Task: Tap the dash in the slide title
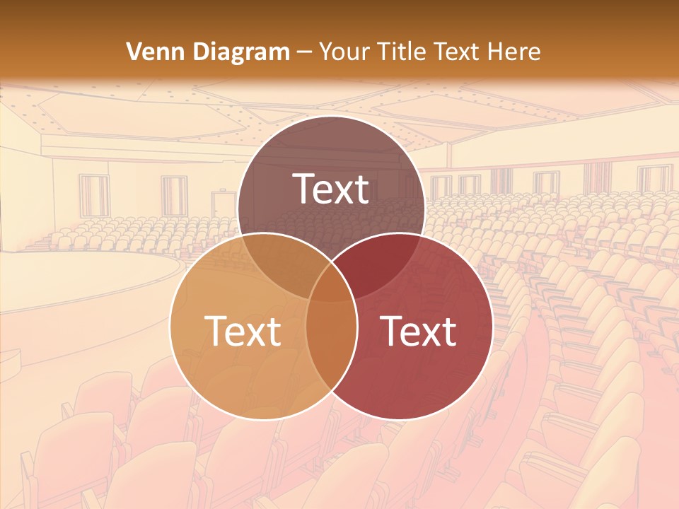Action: [x=304, y=52]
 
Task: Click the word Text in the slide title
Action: [x=463, y=52]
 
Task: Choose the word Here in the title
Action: [x=518, y=52]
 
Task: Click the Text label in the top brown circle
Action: [x=331, y=189]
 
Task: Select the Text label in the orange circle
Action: [x=243, y=331]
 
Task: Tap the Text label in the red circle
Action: [x=419, y=331]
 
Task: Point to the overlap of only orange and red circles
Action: [x=331, y=339]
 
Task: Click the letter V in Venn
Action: [x=133, y=52]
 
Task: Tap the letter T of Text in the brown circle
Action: [x=303, y=189]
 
